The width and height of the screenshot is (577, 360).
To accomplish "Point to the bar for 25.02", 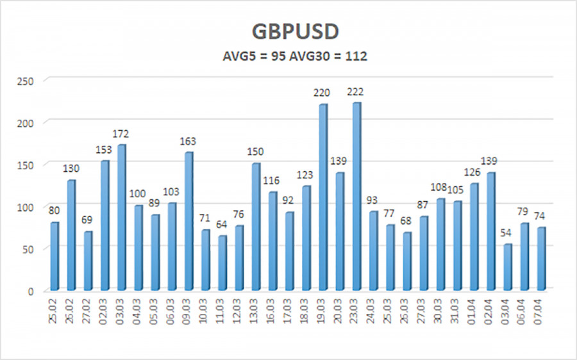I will pyautogui.click(x=54, y=256).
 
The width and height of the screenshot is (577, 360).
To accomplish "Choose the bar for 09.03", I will pyautogui.click(x=188, y=221).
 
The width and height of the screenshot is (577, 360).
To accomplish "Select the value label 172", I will pyautogui.click(x=121, y=135).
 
